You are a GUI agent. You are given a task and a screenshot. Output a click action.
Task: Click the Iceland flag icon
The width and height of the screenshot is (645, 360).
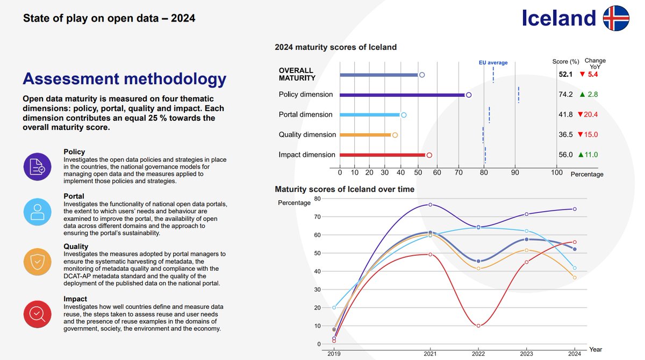click(x=615, y=18)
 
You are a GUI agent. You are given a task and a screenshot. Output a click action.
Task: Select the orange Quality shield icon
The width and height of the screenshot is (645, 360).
click(x=37, y=262)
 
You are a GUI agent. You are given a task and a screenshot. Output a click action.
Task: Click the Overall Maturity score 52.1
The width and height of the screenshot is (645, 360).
click(x=565, y=74)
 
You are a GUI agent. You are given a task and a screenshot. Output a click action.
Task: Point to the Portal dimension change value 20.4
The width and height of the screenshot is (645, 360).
click(x=591, y=114)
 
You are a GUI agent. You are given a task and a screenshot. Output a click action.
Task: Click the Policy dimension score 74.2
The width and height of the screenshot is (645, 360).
click(x=565, y=95)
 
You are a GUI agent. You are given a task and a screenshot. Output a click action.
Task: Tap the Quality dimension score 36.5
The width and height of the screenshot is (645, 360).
click(x=565, y=135)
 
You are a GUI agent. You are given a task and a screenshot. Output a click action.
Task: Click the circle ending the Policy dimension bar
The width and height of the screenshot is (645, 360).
click(x=469, y=95)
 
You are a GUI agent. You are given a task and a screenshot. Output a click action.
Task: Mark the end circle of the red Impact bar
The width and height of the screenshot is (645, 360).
click(x=429, y=155)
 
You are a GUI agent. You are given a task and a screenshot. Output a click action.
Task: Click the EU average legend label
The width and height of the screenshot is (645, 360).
click(x=493, y=63)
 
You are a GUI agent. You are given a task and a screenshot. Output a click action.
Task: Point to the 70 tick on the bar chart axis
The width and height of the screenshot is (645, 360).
click(x=458, y=172)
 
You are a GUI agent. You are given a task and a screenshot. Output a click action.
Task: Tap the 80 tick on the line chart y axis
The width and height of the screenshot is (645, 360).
click(x=317, y=199)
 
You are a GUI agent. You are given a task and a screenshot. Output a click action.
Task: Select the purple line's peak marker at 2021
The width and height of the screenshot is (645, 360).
click(x=431, y=205)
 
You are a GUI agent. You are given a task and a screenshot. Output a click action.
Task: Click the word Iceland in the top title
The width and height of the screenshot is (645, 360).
click(x=559, y=18)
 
